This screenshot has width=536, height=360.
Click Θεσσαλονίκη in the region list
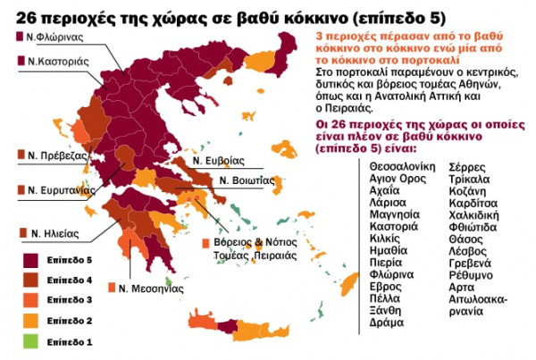pos(402,166)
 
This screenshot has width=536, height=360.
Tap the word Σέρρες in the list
pos(466,166)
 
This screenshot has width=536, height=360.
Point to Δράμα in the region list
pos(385,322)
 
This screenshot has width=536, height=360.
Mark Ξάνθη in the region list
pos(385,310)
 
